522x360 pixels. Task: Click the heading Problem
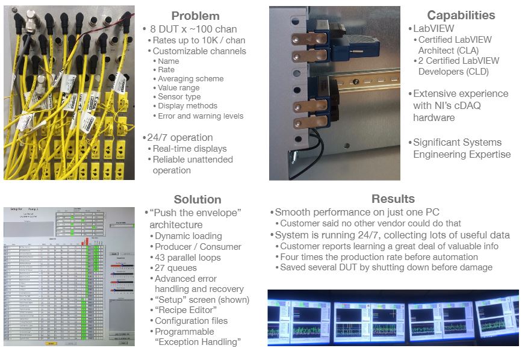(x=195, y=16)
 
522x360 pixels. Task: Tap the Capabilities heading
(x=461, y=16)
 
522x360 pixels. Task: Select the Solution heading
(x=197, y=199)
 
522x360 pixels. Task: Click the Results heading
(x=393, y=199)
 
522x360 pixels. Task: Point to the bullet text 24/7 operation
(x=180, y=137)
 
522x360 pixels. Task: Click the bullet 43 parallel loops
(x=188, y=258)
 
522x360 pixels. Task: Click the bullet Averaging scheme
(x=190, y=79)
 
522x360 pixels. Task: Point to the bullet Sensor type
(x=179, y=97)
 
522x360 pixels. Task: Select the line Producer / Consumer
(x=198, y=247)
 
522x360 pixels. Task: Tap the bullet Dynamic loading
(x=188, y=236)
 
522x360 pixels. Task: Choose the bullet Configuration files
(x=191, y=321)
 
